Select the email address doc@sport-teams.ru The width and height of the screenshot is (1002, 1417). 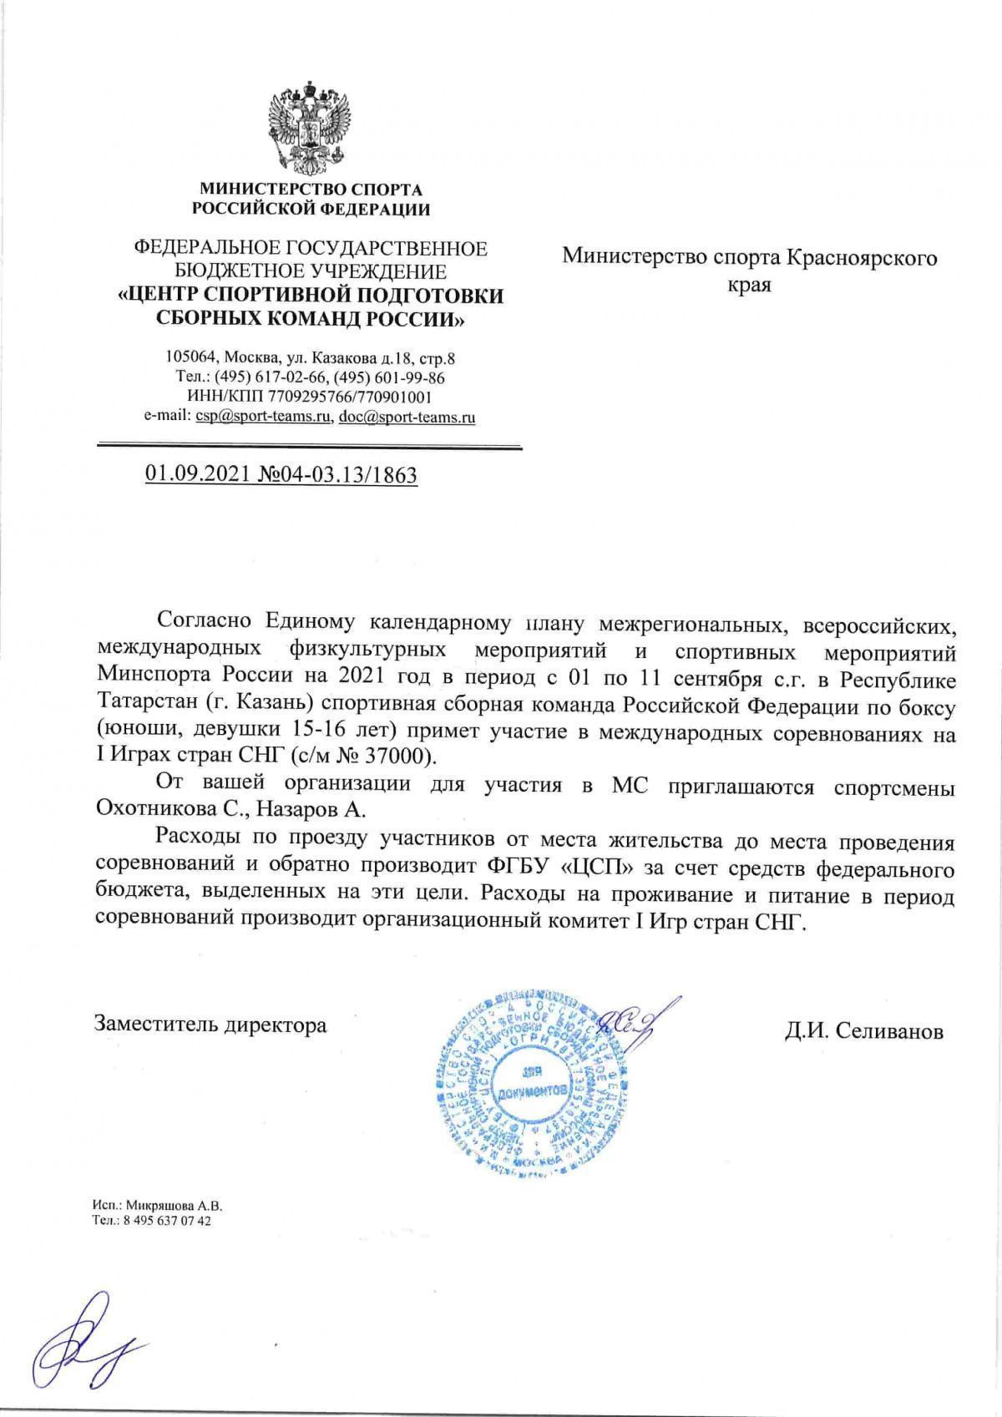406,416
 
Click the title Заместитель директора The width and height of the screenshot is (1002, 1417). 210,1024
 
